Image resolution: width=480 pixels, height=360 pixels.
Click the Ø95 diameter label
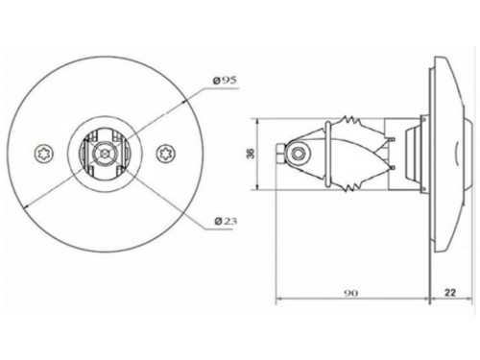[x=226, y=81]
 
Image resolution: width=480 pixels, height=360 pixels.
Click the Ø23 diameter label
[x=226, y=221]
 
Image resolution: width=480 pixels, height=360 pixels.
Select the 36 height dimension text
[x=252, y=154]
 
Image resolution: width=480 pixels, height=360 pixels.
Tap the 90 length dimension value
[x=351, y=293]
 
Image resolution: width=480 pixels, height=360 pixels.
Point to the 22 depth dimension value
[x=450, y=292]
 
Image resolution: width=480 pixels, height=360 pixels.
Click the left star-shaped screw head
[x=43, y=154]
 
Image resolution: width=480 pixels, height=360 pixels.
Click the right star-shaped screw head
[x=166, y=154]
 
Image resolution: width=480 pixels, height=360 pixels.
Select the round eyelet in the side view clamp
[x=299, y=154]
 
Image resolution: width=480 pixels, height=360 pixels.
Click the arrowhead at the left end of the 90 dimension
[x=278, y=299]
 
